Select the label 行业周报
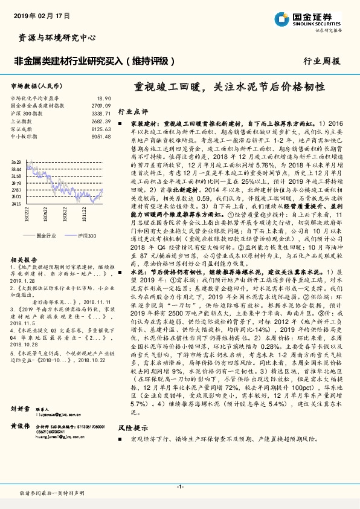pyautogui.click(x=321, y=61)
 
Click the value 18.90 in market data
pyautogui.click(x=104, y=99)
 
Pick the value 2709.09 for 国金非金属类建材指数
pyautogui.click(x=101, y=105)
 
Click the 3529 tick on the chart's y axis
pyautogui.click(x=16, y=162)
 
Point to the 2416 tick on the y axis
pyautogui.click(x=16, y=204)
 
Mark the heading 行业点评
pyautogui.click(x=133, y=111)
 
